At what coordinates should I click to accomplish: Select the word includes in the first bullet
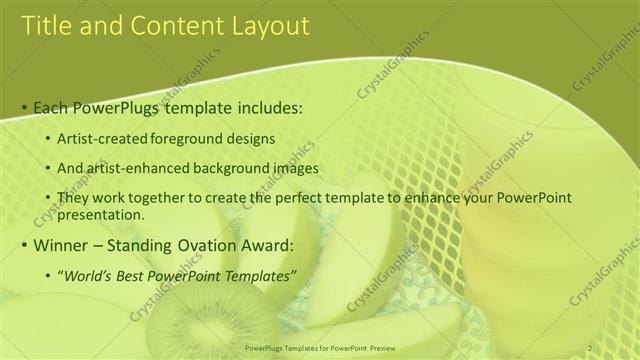(x=267, y=107)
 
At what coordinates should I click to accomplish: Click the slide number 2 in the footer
(x=590, y=348)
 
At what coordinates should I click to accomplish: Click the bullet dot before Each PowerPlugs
(x=25, y=107)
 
